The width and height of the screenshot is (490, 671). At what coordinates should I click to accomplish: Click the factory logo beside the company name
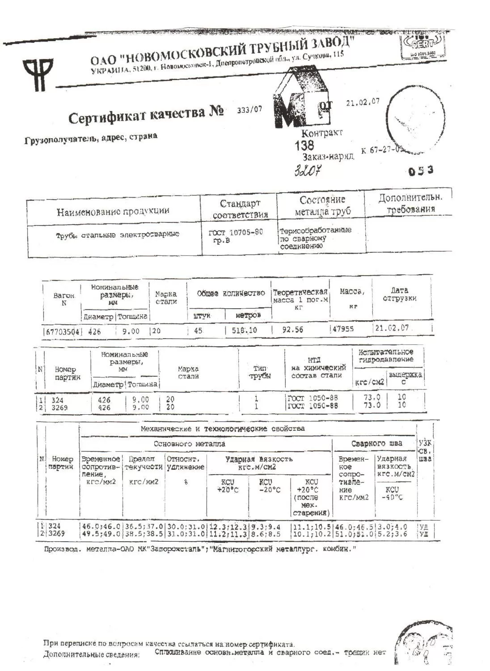pyautogui.click(x=38, y=74)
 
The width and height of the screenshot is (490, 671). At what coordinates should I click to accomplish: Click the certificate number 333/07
pyautogui.click(x=249, y=110)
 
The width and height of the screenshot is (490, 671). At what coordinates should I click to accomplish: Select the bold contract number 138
pyautogui.click(x=304, y=145)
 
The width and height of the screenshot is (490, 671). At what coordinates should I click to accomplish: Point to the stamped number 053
pyautogui.click(x=421, y=170)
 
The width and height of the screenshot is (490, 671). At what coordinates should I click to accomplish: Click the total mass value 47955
pyautogui.click(x=343, y=329)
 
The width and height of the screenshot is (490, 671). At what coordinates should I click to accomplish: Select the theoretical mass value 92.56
pyautogui.click(x=293, y=330)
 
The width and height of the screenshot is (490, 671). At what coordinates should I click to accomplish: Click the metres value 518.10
pyautogui.click(x=244, y=330)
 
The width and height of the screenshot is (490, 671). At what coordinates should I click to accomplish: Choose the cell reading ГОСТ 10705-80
pyautogui.click(x=235, y=233)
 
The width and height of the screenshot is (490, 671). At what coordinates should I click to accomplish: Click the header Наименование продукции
pyautogui.click(x=113, y=211)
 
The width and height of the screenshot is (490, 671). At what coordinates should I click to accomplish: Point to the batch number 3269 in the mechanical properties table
pyautogui.click(x=56, y=534)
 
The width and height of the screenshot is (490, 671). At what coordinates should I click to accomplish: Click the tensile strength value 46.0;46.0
pyautogui.click(x=101, y=527)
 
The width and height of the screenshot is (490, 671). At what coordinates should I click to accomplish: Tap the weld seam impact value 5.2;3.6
pyautogui.click(x=392, y=534)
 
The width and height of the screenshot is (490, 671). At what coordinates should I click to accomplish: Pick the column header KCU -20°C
pyautogui.click(x=270, y=486)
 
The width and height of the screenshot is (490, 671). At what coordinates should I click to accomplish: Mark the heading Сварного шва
pyautogui.click(x=376, y=443)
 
